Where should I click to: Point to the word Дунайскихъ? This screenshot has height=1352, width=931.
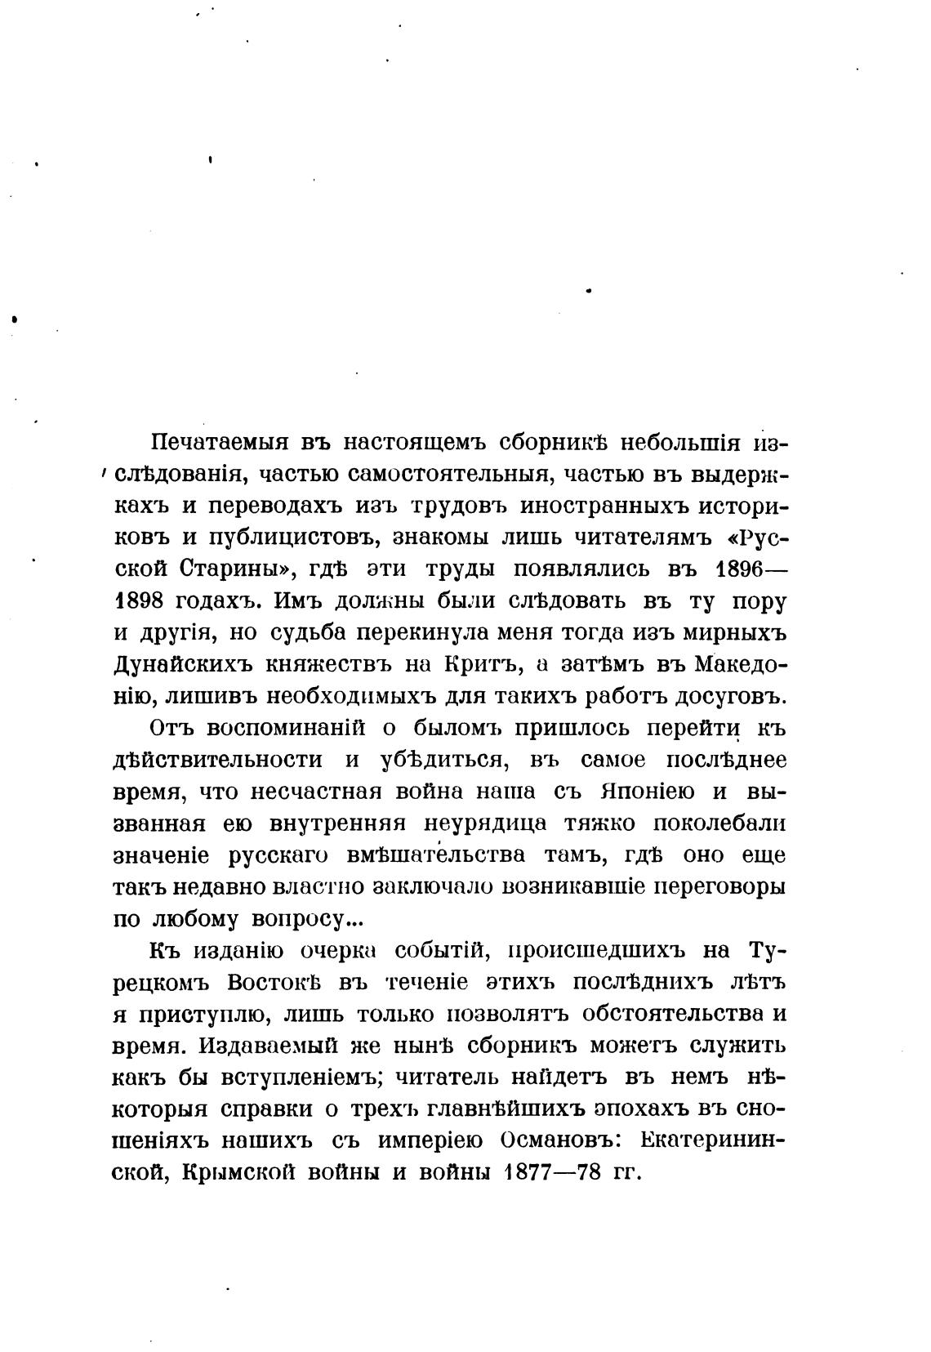(x=183, y=665)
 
